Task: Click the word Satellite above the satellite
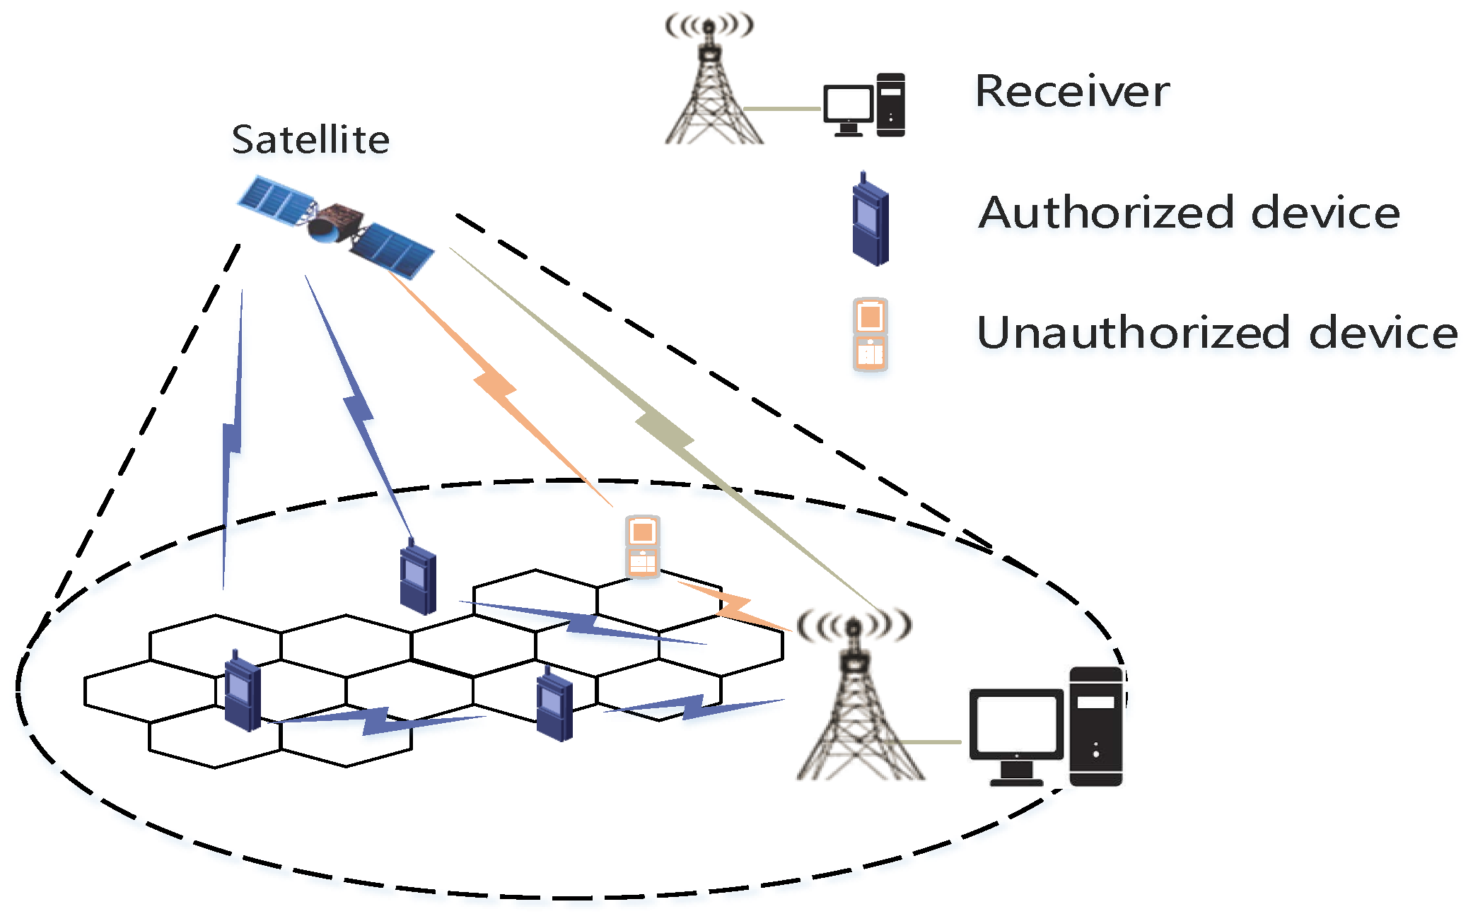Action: [x=310, y=139]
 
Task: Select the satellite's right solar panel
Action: [x=391, y=250]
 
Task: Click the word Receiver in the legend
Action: [x=1072, y=91]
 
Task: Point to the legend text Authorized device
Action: [x=1189, y=212]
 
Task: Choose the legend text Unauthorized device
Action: [x=1217, y=332]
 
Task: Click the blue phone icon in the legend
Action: [x=870, y=219]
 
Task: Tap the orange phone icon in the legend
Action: [x=870, y=334]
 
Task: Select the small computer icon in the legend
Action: [x=864, y=105]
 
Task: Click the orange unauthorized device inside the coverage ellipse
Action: [x=642, y=547]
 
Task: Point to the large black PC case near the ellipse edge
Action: [x=1096, y=726]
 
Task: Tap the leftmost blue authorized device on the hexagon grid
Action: [x=243, y=691]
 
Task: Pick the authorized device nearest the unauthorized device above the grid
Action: [x=418, y=576]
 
